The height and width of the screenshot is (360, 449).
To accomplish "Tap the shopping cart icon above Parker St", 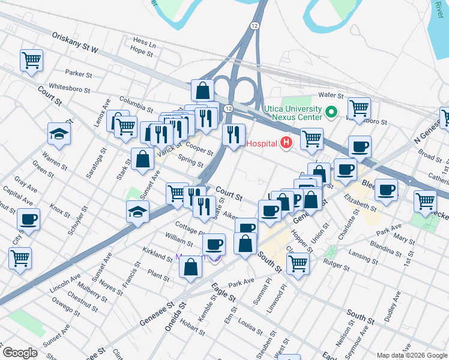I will coord(31,60).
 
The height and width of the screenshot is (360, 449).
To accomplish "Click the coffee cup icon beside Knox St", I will coord(28,219).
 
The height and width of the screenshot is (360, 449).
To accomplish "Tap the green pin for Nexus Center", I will coord(330,112).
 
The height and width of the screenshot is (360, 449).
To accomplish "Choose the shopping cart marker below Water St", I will coord(359,109).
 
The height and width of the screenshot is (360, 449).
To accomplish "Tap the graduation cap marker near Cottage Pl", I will coord(137,212).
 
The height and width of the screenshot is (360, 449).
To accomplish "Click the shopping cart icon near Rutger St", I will coord(298,263).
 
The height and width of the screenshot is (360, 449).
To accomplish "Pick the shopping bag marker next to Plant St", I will coord(190,268).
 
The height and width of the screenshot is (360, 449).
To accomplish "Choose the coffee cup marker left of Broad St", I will coord(360,147).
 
